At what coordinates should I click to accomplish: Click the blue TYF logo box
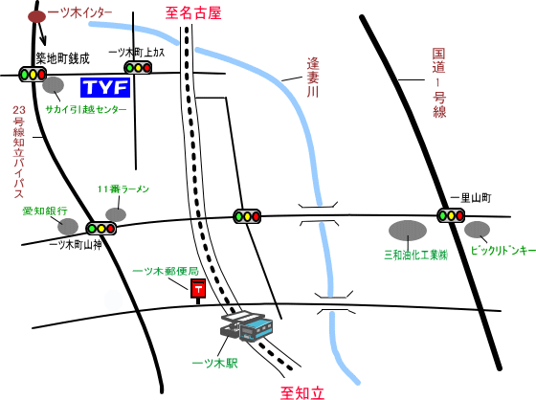coord(105,87)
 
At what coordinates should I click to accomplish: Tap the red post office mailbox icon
coord(198,291)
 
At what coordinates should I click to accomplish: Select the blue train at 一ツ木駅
coord(257,329)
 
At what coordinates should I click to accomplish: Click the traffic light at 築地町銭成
coord(33,74)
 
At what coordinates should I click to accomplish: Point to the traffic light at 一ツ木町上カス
coord(138,68)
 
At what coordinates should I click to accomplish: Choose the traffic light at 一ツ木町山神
coord(100,229)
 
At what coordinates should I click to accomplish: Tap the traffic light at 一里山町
coord(451,215)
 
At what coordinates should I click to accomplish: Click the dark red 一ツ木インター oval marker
coord(36,17)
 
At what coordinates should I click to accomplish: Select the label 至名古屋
coord(193,13)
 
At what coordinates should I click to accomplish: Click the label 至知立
coord(301,392)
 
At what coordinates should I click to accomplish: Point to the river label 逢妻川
coord(312,78)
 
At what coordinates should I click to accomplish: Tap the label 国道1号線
coord(439,83)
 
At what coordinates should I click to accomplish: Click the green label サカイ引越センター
coord(86,110)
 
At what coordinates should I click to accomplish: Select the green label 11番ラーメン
coord(123,189)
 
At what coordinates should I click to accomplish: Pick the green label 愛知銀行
coord(45,211)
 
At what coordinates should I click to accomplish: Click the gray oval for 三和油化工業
coord(408,230)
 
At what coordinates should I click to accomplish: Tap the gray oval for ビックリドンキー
coord(477,230)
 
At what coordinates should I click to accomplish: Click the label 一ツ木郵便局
coord(166,272)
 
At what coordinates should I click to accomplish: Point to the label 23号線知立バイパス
coord(19,152)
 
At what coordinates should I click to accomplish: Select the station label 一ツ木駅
coord(215,363)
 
